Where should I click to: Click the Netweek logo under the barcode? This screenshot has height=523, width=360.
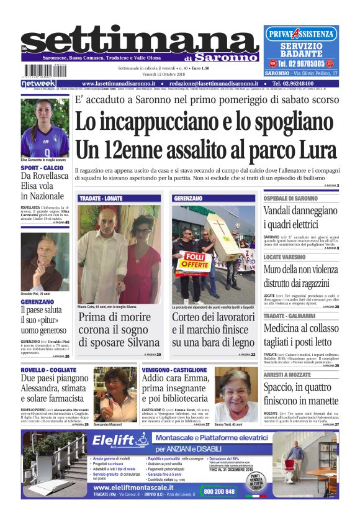click(38, 83)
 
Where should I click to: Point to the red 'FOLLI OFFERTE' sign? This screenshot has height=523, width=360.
click(194, 263)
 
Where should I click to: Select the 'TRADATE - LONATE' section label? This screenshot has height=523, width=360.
click(101, 198)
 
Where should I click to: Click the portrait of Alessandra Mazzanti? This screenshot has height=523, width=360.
click(115, 394)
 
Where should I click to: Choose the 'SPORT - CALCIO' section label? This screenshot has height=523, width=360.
click(42, 168)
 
